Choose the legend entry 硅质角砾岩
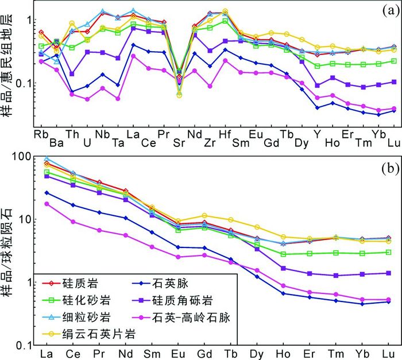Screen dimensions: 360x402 (190, 299)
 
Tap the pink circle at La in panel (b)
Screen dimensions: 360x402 (47, 204)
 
